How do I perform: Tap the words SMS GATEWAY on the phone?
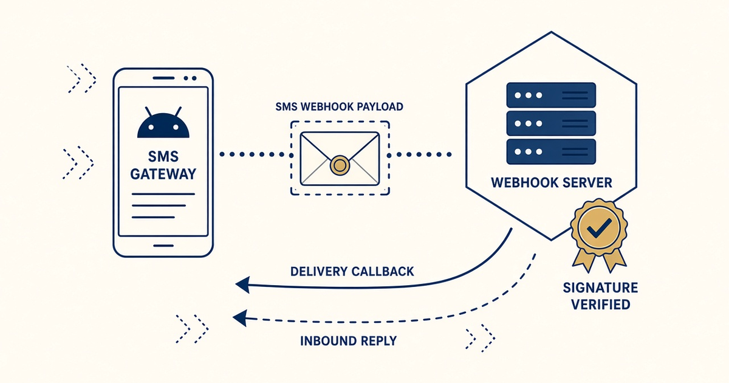pyautogui.click(x=163, y=165)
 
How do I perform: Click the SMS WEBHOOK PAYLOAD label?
pyautogui.click(x=340, y=107)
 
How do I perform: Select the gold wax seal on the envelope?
pyautogui.click(x=340, y=165)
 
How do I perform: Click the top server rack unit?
pyautogui.click(x=551, y=95)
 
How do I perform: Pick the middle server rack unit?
pyautogui.click(x=551, y=123)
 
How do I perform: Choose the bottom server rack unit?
pyautogui.click(x=551, y=152)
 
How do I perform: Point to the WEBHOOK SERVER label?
pyautogui.click(x=552, y=183)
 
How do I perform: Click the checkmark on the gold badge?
pyautogui.click(x=600, y=227)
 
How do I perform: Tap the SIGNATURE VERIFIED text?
pyautogui.click(x=600, y=296)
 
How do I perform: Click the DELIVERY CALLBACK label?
pyautogui.click(x=352, y=271)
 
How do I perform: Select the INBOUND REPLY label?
pyautogui.click(x=348, y=341)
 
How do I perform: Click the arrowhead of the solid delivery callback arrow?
pyautogui.click(x=242, y=285)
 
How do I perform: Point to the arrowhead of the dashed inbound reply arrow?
pyautogui.click(x=240, y=318)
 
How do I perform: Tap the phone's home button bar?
pyautogui.click(x=163, y=246)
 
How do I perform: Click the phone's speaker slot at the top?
pyautogui.click(x=163, y=78)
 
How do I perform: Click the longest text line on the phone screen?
pyautogui.click(x=163, y=194)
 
